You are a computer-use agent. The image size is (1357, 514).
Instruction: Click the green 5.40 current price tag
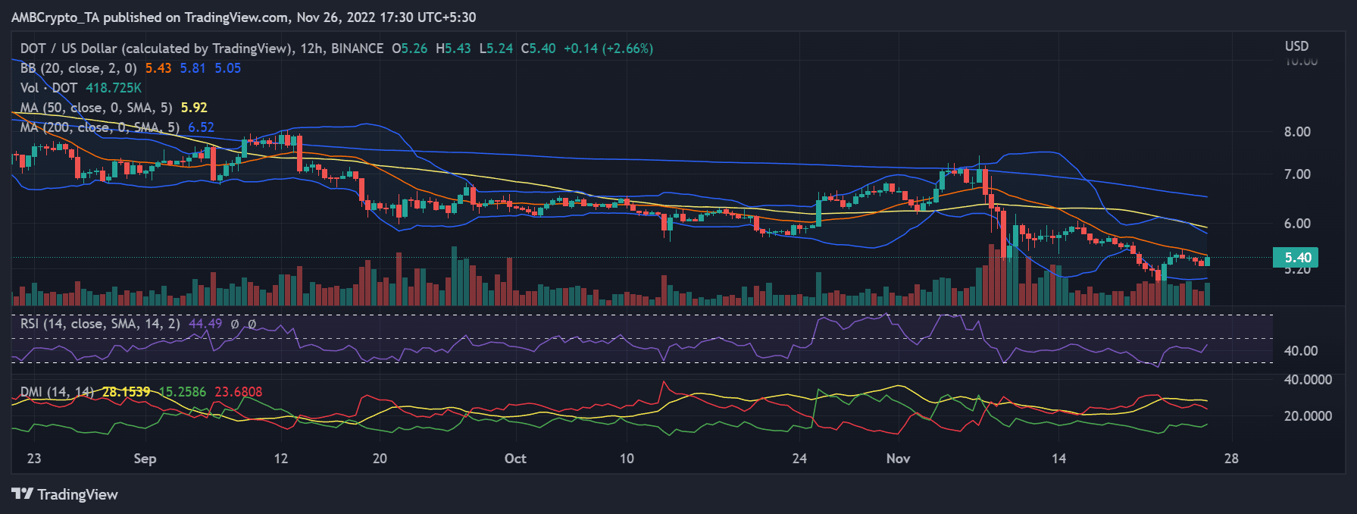[x=1296, y=258]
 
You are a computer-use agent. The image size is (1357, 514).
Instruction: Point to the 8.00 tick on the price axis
[x=1297, y=132]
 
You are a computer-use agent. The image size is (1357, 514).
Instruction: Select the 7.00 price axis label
[x=1297, y=174]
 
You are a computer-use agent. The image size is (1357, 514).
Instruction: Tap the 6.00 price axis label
[x=1297, y=224]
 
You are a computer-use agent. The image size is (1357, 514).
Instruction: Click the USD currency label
[x=1296, y=46]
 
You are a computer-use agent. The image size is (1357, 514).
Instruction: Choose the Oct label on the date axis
[x=515, y=459]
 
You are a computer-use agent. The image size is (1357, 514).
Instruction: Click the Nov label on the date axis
[x=898, y=459]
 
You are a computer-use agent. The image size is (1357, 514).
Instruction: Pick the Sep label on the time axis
[x=145, y=459]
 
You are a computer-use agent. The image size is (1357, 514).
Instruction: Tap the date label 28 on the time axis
[x=1231, y=459]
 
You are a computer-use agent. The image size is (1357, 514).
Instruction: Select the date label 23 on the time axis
[x=34, y=459]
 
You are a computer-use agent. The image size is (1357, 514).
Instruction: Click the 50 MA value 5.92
[x=194, y=108]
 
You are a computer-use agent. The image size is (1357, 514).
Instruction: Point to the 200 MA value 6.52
[x=201, y=127]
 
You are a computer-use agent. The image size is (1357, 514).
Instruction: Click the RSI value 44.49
[x=205, y=324]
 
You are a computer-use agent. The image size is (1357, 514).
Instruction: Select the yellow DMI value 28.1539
[x=127, y=392]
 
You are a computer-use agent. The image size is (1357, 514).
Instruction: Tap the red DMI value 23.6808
[x=238, y=392]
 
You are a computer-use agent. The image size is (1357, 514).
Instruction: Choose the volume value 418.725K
[x=114, y=88]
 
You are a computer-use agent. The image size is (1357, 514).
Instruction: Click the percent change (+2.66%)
[x=627, y=49]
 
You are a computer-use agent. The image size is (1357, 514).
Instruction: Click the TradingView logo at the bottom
[x=65, y=494]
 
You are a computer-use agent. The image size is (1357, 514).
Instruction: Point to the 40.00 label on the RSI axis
[x=1301, y=351]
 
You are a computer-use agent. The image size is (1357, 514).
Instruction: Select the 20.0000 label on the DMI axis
[x=1308, y=416]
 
